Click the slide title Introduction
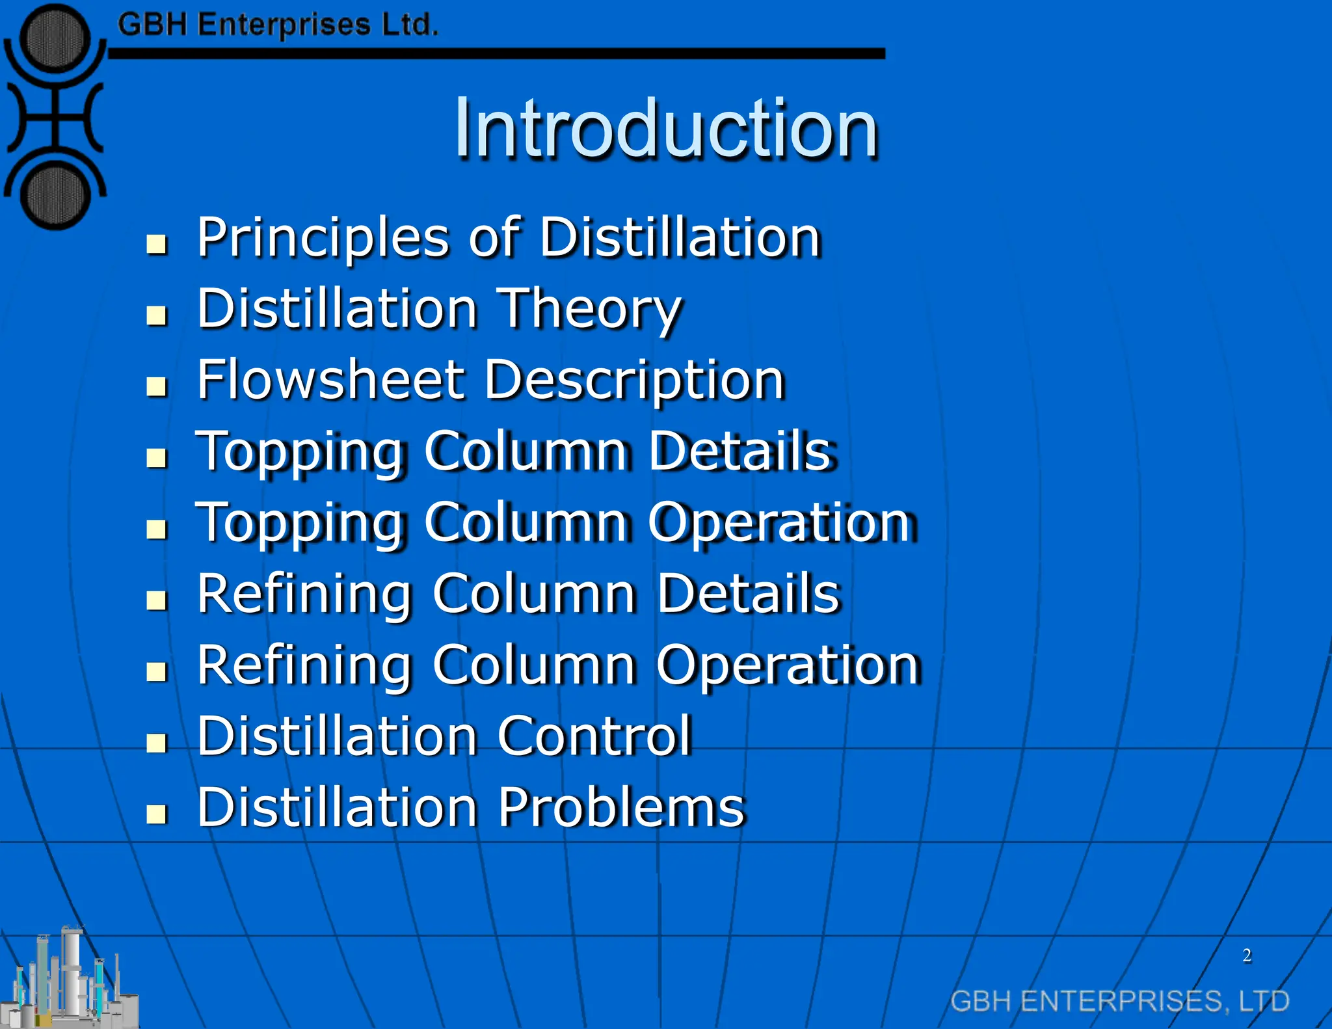pyautogui.click(x=666, y=128)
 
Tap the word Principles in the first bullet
pyautogui.click(x=323, y=238)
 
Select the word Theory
pyautogui.click(x=589, y=310)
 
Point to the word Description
pyautogui.click(x=635, y=381)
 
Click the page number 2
pyautogui.click(x=1246, y=955)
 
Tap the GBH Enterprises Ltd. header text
pyautogui.click(x=278, y=25)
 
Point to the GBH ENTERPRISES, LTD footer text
pyautogui.click(x=1119, y=1001)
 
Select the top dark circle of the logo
pyautogui.click(x=55, y=38)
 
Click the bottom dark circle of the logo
pyautogui.click(x=55, y=196)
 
